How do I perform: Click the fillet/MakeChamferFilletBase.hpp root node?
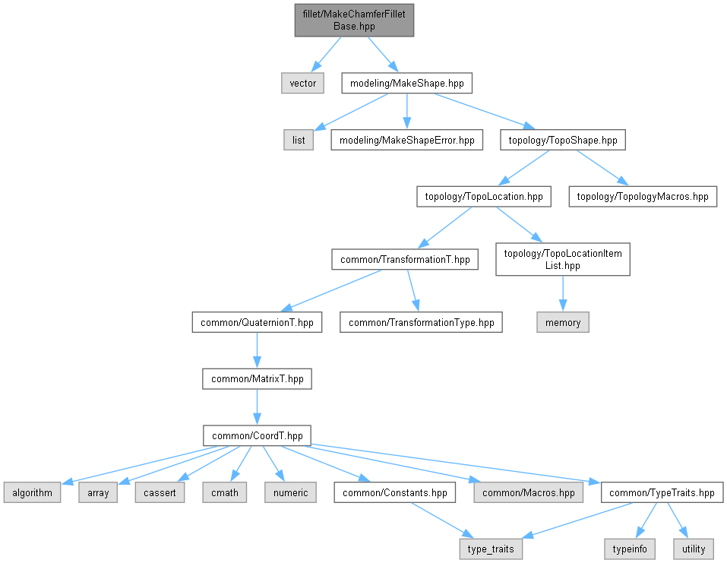click(354, 20)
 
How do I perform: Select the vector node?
click(302, 83)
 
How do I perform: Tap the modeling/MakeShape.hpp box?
click(408, 83)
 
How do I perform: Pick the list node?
click(299, 140)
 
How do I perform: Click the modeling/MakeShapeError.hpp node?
click(406, 140)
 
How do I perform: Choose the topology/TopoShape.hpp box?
click(563, 140)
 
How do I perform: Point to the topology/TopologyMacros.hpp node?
click(643, 197)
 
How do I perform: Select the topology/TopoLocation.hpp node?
click(483, 197)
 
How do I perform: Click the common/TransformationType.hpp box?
click(421, 322)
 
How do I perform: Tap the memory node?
click(563, 322)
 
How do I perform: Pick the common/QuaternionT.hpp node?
click(257, 322)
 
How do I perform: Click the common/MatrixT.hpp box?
click(257, 378)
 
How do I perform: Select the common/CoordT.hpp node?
click(257, 435)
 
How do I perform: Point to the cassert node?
click(160, 492)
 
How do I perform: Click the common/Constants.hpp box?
click(395, 492)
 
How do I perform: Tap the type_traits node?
click(491, 549)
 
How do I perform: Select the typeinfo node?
click(627, 549)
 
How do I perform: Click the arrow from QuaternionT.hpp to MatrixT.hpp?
click(257, 350)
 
